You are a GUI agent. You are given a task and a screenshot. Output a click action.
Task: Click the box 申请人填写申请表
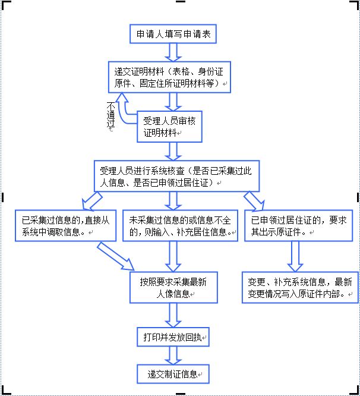172,34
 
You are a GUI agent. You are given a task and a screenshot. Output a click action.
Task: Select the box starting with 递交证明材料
169,77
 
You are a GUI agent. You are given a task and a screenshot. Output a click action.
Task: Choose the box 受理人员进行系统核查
169,176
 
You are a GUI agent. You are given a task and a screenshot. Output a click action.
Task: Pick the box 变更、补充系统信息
299,287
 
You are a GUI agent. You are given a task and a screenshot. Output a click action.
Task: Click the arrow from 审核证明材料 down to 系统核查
172,150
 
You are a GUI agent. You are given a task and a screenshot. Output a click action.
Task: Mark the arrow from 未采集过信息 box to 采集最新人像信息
172,256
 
